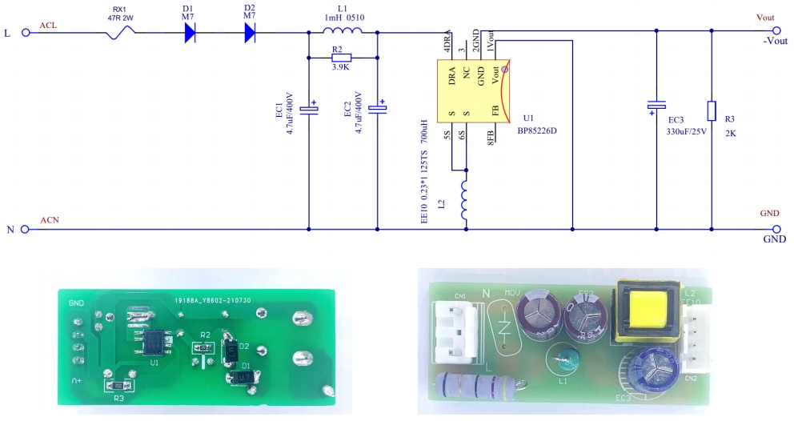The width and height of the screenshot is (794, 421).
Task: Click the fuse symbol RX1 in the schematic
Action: coord(121,33)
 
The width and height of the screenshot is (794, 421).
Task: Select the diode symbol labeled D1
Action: coord(190,33)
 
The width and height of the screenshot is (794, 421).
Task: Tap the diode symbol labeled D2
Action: coord(249,33)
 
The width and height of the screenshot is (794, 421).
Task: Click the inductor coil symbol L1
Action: coord(343,31)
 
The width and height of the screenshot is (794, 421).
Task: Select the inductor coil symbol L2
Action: coord(465,200)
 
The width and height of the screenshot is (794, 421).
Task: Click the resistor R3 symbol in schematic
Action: coord(712,111)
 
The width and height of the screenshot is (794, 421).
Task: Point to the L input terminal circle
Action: coord(25,33)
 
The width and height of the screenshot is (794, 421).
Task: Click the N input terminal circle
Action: coord(25,229)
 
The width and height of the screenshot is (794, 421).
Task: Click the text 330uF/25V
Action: coord(687,132)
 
